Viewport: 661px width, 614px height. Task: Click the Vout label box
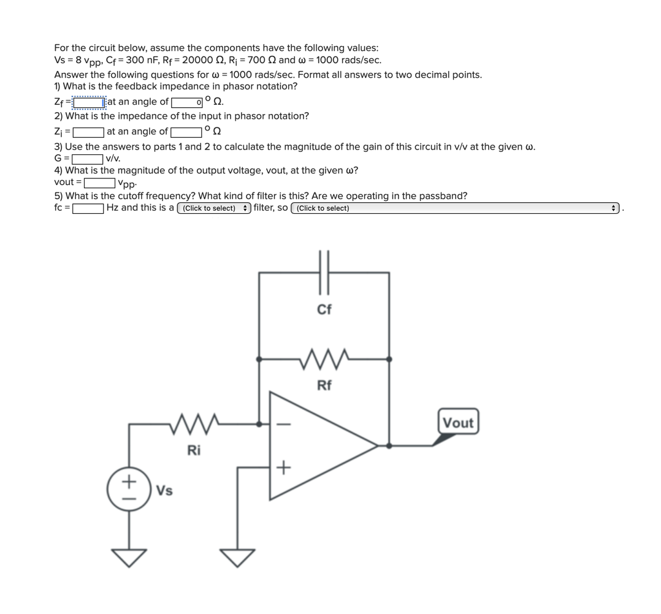click(x=458, y=423)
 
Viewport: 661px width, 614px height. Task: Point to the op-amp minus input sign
click(x=283, y=424)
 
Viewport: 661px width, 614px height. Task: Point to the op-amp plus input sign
click(x=283, y=469)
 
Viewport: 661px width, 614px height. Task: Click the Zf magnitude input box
click(x=90, y=102)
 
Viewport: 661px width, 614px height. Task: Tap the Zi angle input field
click(x=186, y=132)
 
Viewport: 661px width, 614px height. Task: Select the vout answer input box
click(x=99, y=183)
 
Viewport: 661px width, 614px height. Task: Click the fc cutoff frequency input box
click(x=88, y=208)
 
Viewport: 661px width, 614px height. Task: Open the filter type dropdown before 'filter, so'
click(x=213, y=208)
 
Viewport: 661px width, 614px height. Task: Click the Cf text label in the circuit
click(x=324, y=309)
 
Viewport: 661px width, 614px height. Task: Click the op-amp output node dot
click(x=389, y=446)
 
